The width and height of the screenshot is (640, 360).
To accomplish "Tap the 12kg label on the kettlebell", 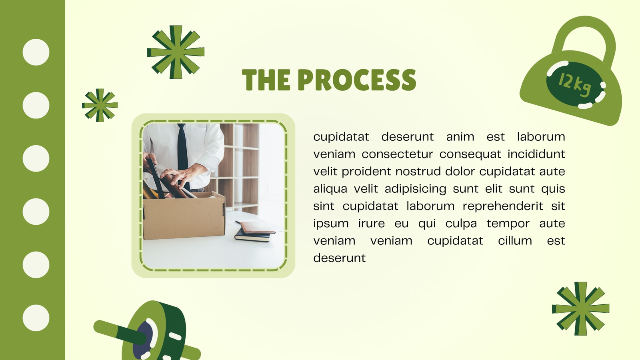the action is point(574,85).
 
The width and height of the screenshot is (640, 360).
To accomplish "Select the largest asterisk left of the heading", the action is point(176,52).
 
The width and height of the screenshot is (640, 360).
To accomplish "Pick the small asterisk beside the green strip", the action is point(100,105).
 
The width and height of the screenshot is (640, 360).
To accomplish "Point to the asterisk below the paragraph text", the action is point(580,308).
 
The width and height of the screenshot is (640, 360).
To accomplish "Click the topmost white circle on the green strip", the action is point(36,52).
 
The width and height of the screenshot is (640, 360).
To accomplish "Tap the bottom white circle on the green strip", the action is point(36,318).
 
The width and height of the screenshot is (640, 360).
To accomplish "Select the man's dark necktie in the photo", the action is point(183,154).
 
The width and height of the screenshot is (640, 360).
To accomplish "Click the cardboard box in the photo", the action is point(184,216).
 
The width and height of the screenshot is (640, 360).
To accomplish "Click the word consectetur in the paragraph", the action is point(398,154).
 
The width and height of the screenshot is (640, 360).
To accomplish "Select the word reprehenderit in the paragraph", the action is point(503,206).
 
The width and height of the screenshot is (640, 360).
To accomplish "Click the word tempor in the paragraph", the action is point(508,224).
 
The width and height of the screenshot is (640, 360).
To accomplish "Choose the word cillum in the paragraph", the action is point(515,240).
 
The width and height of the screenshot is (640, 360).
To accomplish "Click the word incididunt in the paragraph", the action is point(536,154).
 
